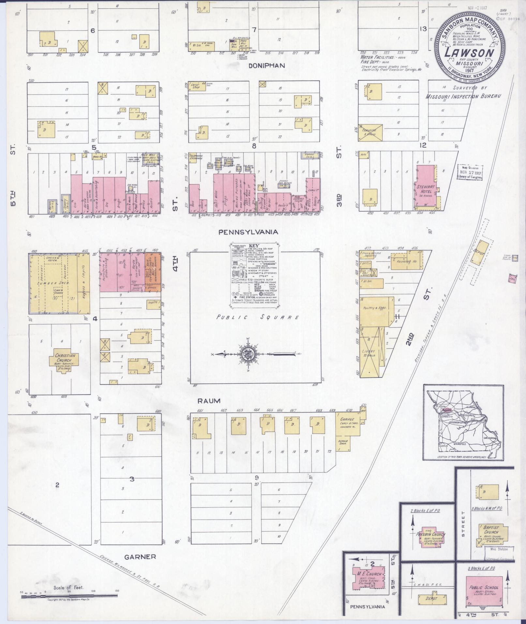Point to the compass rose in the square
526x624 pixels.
click(x=247, y=354)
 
